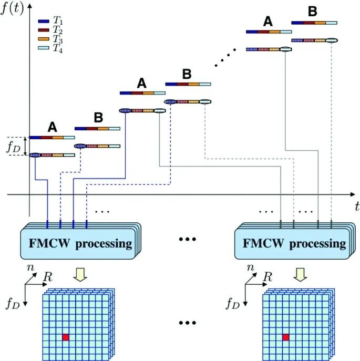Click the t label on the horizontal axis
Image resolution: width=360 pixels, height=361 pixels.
coord(356,204)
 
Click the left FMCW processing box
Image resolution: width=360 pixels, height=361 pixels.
coord(78,243)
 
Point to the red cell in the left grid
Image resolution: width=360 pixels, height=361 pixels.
coord(65,337)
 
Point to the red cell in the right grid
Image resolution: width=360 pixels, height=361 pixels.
coord(285,337)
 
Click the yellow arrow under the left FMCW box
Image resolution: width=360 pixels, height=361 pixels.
coord(79,275)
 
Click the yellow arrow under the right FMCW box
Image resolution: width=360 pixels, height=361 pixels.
coord(299,275)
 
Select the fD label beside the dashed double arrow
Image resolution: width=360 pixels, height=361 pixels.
coord(14,147)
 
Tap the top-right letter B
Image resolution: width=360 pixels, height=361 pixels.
coord(312,12)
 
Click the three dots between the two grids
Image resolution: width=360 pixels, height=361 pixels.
coord(188,322)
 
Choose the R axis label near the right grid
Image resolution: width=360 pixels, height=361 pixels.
coord(268,275)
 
